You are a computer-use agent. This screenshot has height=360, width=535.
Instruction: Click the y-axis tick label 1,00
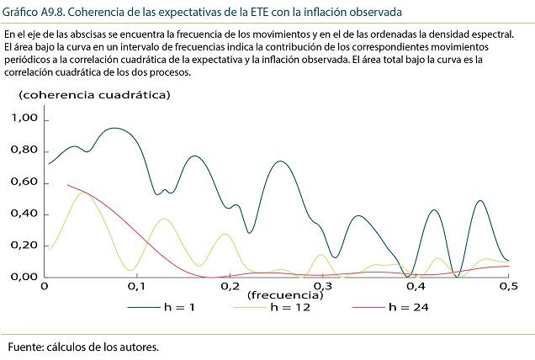pyautogui.click(x=24, y=119)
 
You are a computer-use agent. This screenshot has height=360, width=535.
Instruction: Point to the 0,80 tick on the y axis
pyautogui.click(x=24, y=151)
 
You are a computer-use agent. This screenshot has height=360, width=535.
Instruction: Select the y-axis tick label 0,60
pyautogui.click(x=24, y=183)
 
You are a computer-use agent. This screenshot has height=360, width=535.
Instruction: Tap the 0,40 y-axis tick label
pyautogui.click(x=24, y=214)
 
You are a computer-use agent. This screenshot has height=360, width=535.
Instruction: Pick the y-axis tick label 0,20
pyautogui.click(x=24, y=246)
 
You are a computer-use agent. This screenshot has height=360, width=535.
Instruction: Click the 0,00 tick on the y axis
pyautogui.click(x=24, y=277)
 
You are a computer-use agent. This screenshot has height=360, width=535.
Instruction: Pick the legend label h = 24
pyautogui.click(x=408, y=308)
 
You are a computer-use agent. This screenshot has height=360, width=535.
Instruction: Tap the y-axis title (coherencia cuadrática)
pyautogui.click(x=94, y=94)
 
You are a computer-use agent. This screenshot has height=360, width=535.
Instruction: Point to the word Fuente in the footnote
pyautogui.click(x=26, y=347)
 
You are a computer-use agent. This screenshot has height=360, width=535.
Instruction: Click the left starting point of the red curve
pyautogui.click(x=67, y=185)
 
